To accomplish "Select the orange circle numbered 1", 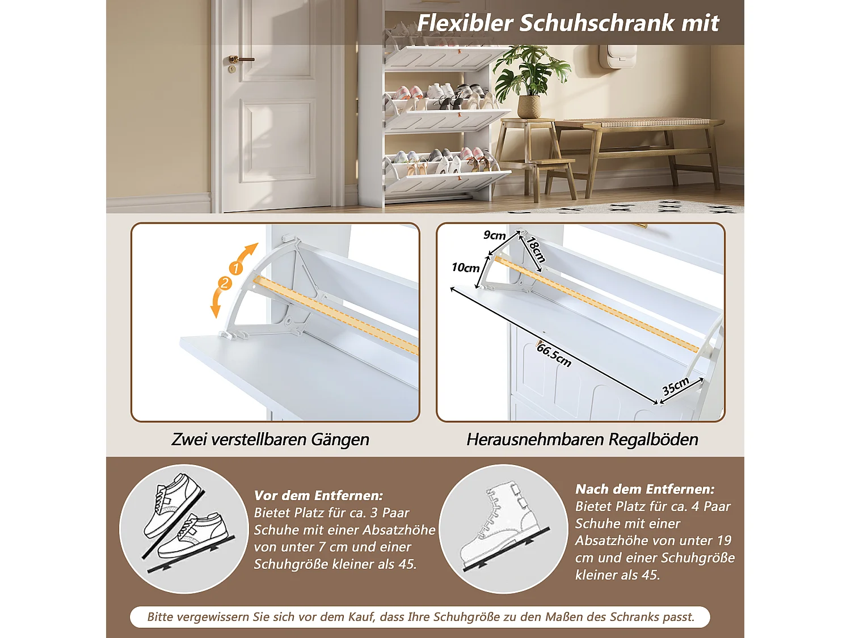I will coord(235,268).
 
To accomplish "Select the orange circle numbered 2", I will coord(225,283).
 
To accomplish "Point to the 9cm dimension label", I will coord(494,235).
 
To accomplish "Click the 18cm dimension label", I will coord(536,249).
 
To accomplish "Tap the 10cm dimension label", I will coord(465,268).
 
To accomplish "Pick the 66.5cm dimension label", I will coord(554,355).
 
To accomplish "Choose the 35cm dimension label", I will coord(675,386).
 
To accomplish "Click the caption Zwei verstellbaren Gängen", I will coord(270,440).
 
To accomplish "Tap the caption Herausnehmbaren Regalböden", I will coord(582,440).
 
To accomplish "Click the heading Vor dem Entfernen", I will coord(318,495).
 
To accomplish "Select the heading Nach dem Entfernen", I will coord(644,489).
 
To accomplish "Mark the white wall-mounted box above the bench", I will coord(618,56).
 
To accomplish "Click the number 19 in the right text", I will coord(724,540).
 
